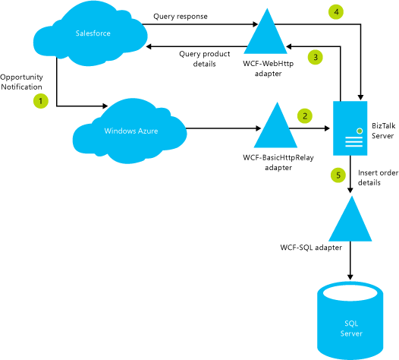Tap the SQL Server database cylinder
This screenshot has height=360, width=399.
pos(350,323)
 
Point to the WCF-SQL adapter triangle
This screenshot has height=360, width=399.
pos(350,219)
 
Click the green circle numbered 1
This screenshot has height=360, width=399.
pos(42,100)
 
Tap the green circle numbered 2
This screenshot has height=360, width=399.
pos(305,116)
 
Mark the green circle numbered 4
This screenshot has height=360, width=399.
pos(335,11)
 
